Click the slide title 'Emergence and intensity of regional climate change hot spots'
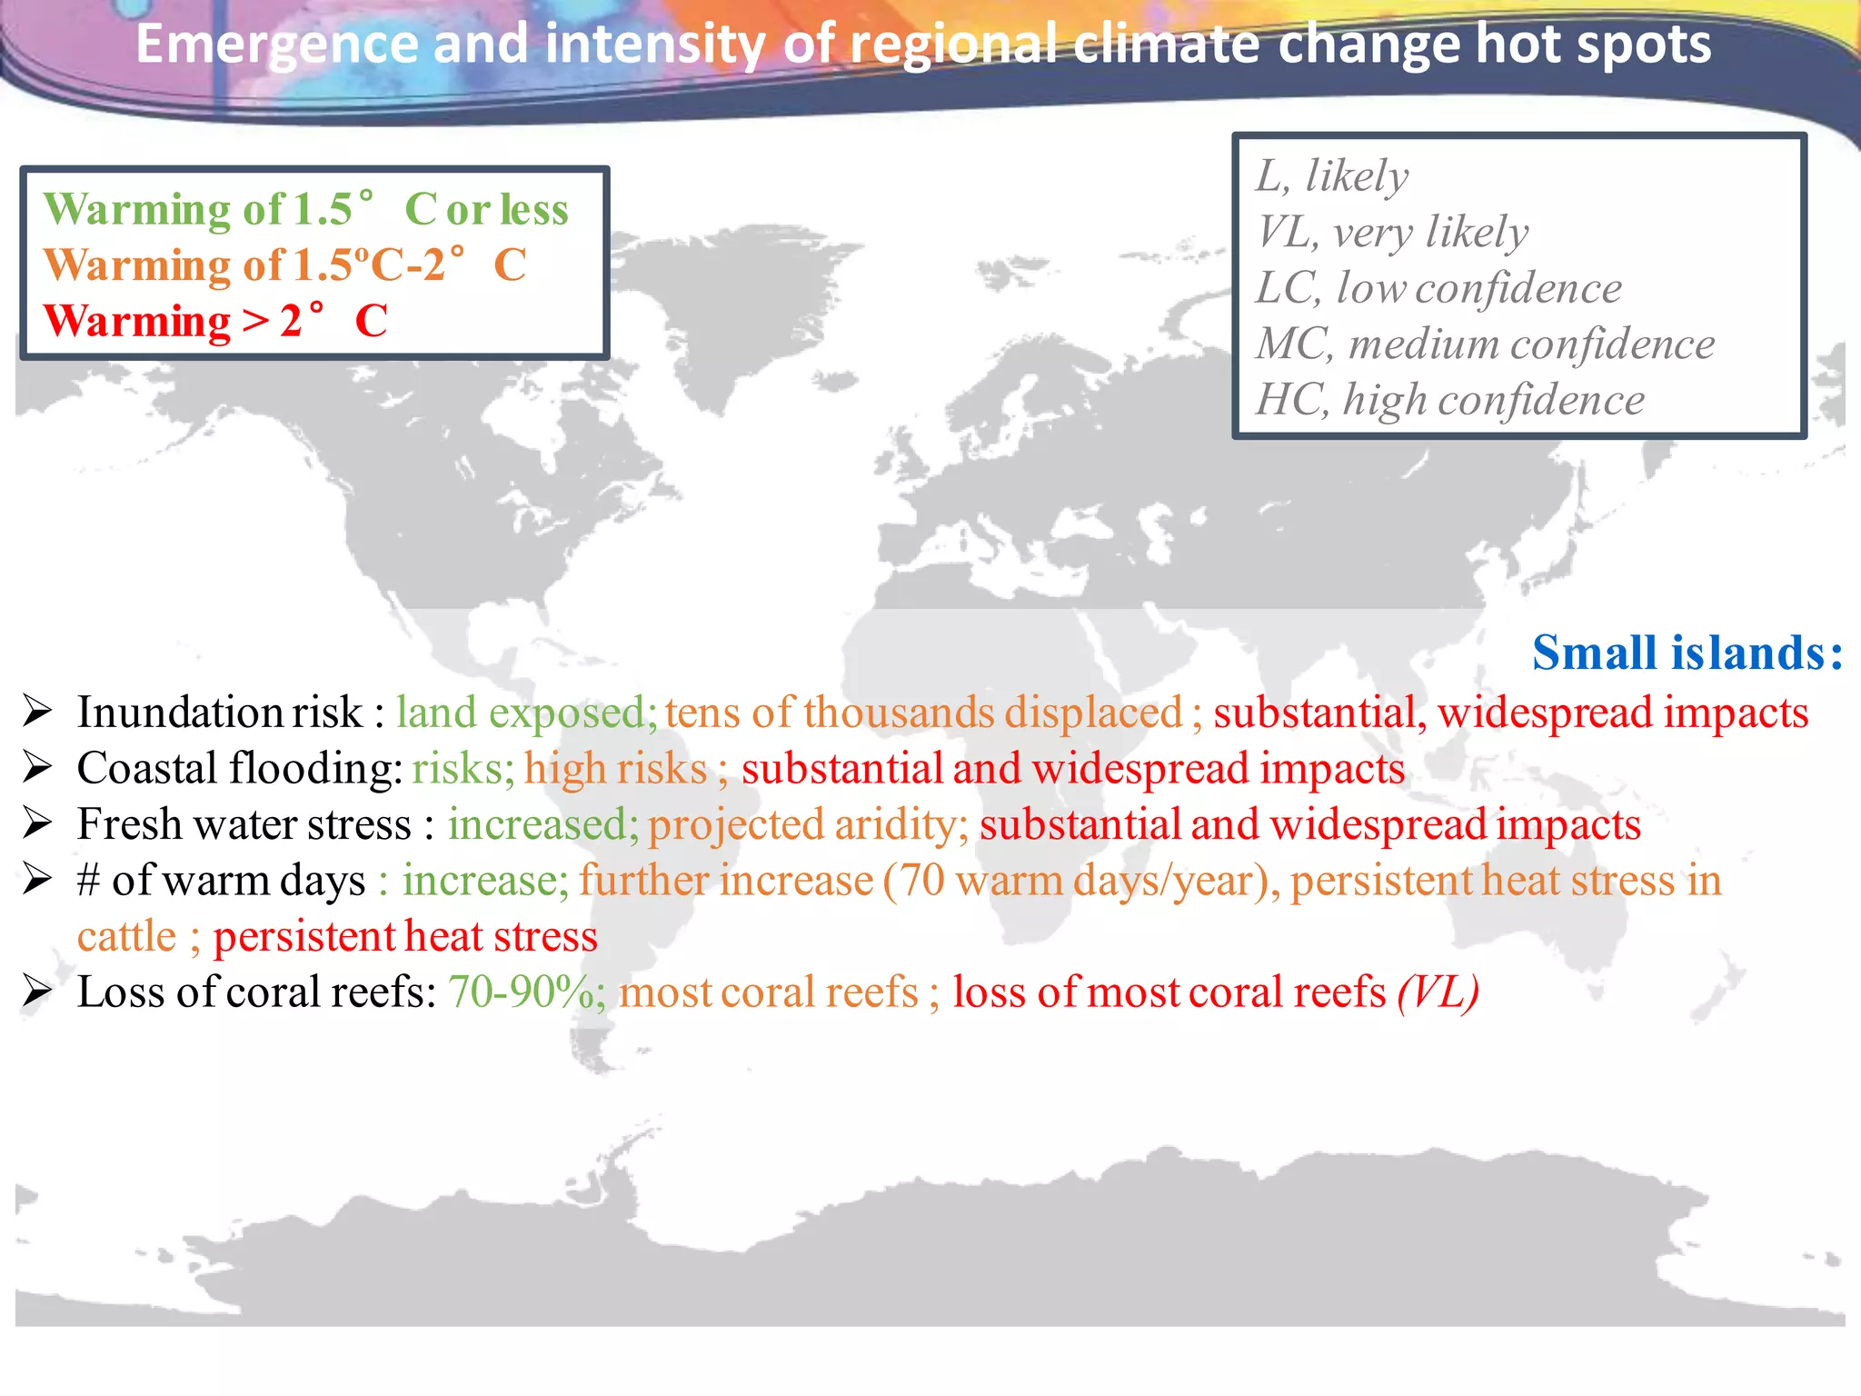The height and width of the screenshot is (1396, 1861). point(923,45)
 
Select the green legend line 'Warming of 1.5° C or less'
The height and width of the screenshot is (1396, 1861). point(305,209)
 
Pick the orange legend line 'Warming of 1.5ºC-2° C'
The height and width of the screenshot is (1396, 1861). point(284,265)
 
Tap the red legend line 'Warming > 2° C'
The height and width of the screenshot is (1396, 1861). point(215,321)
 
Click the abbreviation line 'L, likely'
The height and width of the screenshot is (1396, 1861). point(1332,175)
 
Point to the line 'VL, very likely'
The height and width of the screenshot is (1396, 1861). point(1392,232)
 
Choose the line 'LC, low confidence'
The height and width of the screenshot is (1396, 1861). point(1438,288)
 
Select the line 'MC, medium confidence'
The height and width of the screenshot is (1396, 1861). point(1486,344)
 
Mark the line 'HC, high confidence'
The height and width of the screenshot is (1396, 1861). point(1450,400)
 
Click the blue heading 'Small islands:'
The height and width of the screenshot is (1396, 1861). point(1687,653)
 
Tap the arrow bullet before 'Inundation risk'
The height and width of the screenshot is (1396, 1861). point(37,712)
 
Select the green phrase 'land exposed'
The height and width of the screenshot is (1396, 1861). point(521,713)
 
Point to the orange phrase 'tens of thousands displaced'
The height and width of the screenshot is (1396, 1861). point(923,713)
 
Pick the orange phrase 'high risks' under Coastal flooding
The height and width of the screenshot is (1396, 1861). point(615,769)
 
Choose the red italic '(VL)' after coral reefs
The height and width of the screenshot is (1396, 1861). point(1438,992)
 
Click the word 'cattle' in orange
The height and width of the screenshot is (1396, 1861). point(126,936)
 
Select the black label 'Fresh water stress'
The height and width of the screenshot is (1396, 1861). point(244,824)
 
